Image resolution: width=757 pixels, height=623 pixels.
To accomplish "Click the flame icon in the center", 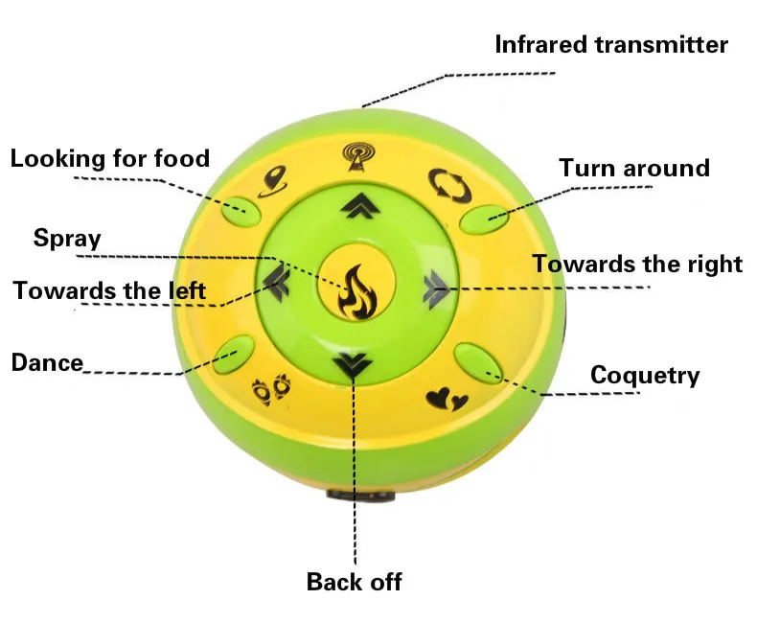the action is [356, 292].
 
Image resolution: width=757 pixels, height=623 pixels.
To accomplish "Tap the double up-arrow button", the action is [360, 205].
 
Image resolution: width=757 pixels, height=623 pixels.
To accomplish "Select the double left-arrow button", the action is [277, 284].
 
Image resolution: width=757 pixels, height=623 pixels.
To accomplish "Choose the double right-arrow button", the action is [436, 288].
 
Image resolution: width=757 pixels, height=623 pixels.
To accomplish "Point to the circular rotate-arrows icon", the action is [449, 185].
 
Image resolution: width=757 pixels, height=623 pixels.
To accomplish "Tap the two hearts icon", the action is [447, 399].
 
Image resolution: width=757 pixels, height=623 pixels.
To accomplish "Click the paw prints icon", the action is [272, 389].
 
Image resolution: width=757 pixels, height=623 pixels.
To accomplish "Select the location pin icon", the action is [273, 181].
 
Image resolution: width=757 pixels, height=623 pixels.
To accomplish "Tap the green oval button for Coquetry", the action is [478, 363].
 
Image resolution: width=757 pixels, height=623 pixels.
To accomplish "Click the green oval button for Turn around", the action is [484, 219].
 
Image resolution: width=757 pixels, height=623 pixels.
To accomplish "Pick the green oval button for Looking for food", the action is [241, 212].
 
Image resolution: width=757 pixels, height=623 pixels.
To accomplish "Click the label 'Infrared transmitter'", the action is [611, 45].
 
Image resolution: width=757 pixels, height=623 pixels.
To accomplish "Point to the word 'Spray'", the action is [67, 238].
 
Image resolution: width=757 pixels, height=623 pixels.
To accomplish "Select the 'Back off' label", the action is [354, 582].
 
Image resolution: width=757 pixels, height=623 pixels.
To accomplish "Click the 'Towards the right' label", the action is [637, 265].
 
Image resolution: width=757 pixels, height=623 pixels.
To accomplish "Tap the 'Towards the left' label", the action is [109, 290].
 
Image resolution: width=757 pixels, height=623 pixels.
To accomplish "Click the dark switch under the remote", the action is [360, 495].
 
